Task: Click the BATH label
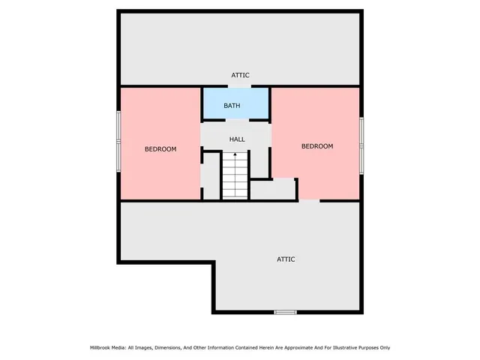point(232,106)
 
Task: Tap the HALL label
point(237,139)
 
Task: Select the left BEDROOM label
point(160,149)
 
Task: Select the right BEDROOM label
point(316,146)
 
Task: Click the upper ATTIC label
point(240,75)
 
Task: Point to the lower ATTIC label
point(286,259)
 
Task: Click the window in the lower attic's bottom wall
point(285,312)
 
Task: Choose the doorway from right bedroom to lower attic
point(309,200)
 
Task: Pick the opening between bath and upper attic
point(235,87)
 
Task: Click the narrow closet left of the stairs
point(211,176)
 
